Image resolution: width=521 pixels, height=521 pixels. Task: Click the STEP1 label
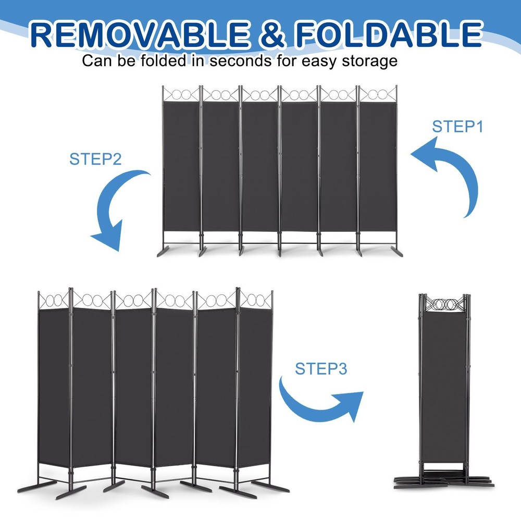458,127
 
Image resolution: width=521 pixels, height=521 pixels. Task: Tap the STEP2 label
95,159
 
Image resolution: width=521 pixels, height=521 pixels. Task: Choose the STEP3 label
321,369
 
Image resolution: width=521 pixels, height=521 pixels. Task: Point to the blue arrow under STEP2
112,208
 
